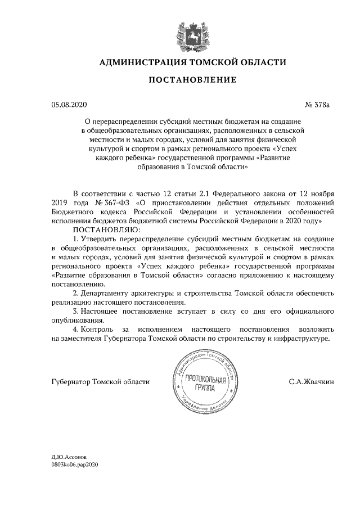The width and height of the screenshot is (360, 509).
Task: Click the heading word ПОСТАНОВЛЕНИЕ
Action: coord(192,81)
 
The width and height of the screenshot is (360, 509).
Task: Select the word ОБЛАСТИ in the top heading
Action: coord(263,62)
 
